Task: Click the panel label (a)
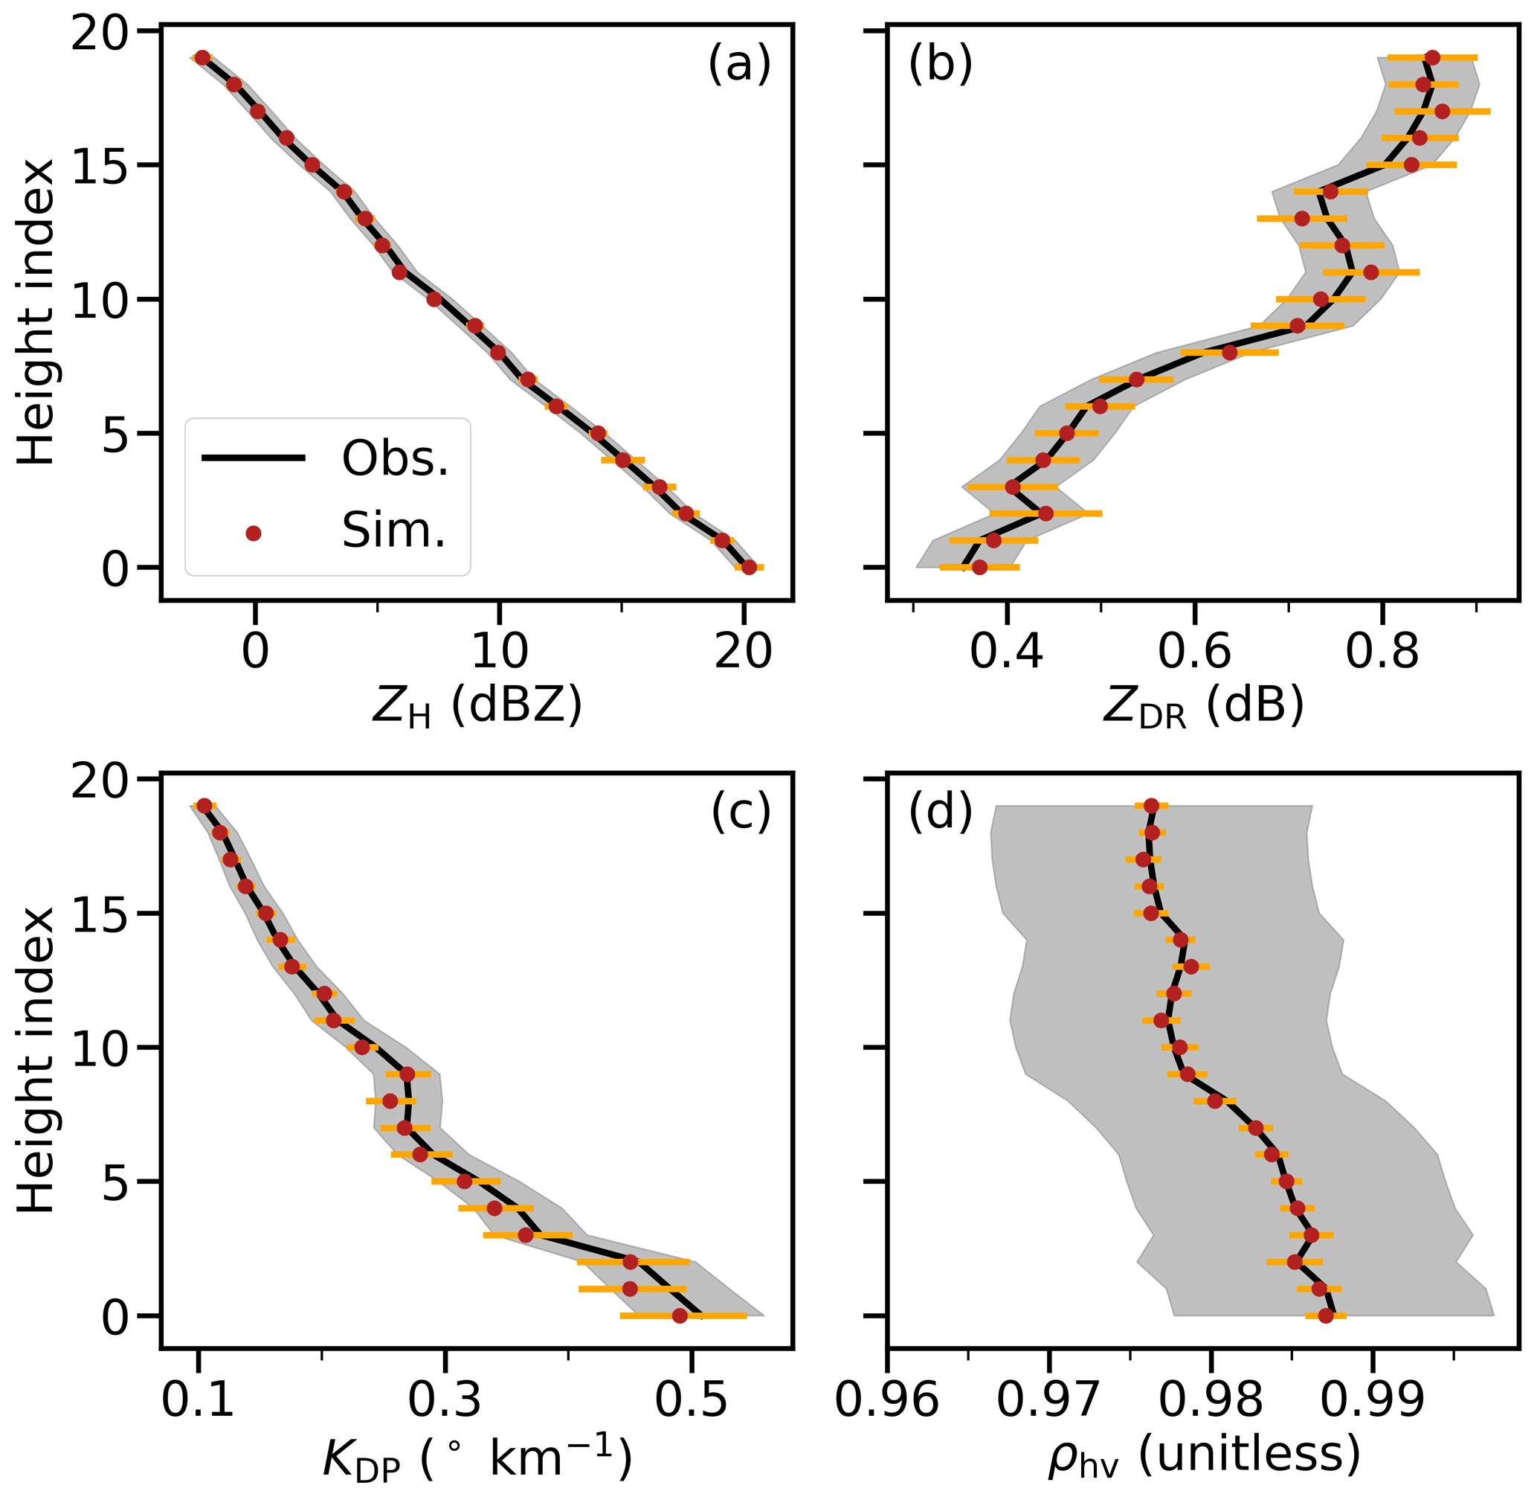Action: click(x=738, y=64)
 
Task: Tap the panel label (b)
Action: click(x=941, y=64)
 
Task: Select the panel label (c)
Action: click(x=740, y=812)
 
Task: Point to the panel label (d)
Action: click(x=941, y=812)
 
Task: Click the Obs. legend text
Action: click(x=394, y=458)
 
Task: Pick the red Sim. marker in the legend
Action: click(x=253, y=533)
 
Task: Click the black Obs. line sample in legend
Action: click(x=253, y=458)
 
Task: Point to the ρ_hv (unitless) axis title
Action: click(x=1203, y=1455)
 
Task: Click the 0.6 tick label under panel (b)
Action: click(x=1194, y=652)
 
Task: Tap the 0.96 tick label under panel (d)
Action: click(x=887, y=1400)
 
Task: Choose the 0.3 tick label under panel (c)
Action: click(x=445, y=1400)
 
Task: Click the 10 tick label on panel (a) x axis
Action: click(x=499, y=652)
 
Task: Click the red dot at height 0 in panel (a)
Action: click(x=749, y=567)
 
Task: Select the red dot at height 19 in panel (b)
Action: click(x=1432, y=57)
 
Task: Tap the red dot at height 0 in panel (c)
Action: click(x=680, y=1315)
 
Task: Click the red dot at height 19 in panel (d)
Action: click(x=1151, y=805)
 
